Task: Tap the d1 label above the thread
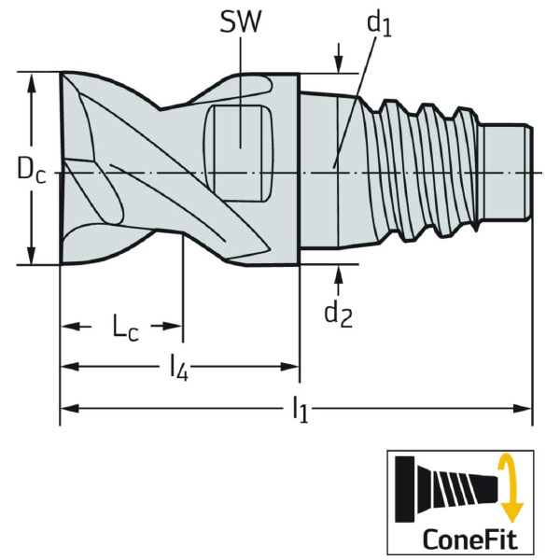377,23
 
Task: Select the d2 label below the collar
337,313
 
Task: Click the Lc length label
127,327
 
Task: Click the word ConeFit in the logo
461,539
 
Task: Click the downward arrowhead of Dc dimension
34,256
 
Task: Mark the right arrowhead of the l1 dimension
524,408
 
